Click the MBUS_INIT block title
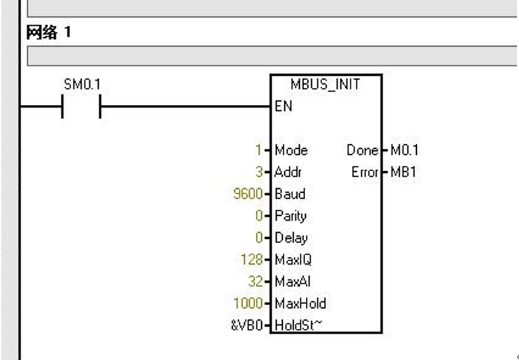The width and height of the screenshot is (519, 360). point(325,85)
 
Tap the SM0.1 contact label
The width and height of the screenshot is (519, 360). point(81,85)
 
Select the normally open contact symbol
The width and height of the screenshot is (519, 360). point(81,106)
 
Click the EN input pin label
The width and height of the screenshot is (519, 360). point(284,106)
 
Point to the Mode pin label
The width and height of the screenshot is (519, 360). point(291,150)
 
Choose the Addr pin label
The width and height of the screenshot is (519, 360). point(288,172)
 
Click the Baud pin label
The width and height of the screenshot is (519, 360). point(290,194)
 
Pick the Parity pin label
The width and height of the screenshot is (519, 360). point(290,216)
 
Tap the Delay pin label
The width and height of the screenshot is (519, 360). point(291,238)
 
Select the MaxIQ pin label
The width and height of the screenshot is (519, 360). point(293,259)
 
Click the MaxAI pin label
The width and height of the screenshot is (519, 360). point(292,281)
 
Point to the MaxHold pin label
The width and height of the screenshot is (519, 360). point(300,302)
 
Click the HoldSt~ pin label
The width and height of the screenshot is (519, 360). point(298,324)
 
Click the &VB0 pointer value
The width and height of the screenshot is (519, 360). point(248,324)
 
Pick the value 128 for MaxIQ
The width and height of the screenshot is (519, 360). point(252,259)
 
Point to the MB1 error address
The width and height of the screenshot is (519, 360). point(403,172)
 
